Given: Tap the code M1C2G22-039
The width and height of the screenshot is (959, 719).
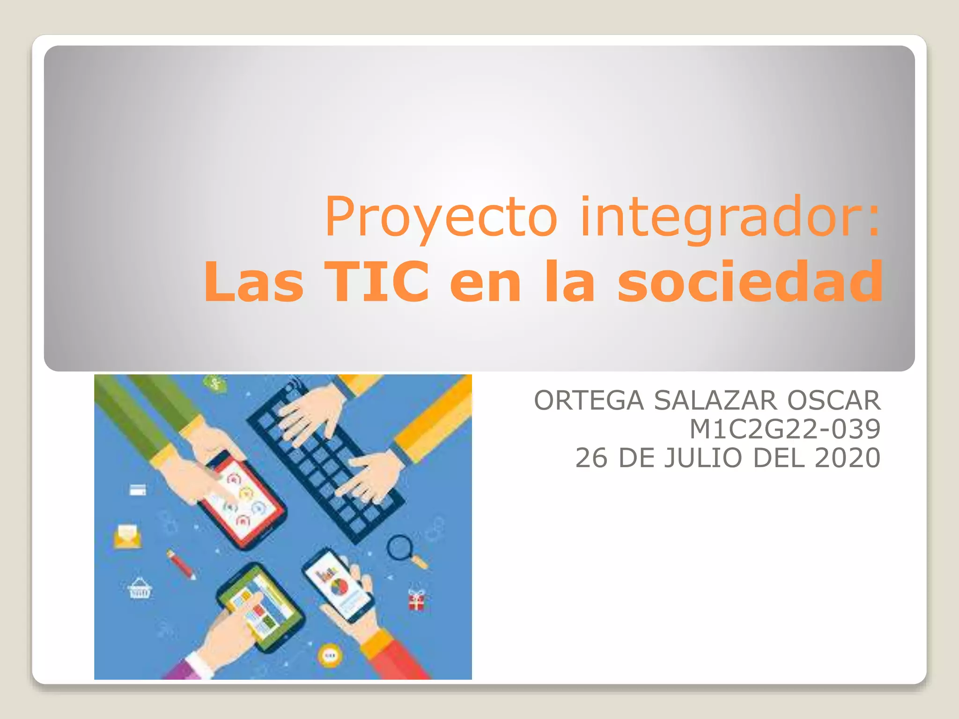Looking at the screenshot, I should pos(785,429).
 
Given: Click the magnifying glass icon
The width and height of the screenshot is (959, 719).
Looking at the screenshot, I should pos(402,549).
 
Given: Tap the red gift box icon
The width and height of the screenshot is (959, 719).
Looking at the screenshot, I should pos(416,600).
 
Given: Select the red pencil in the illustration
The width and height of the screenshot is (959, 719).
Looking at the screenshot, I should pos(181,564).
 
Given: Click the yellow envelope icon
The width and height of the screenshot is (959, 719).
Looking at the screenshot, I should pos(127,536).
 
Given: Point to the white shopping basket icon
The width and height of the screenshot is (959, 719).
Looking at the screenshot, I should pos(140,589).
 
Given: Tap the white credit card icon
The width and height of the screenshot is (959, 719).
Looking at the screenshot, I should pos(137,490).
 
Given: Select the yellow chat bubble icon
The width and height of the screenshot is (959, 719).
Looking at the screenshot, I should pos(330,655).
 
